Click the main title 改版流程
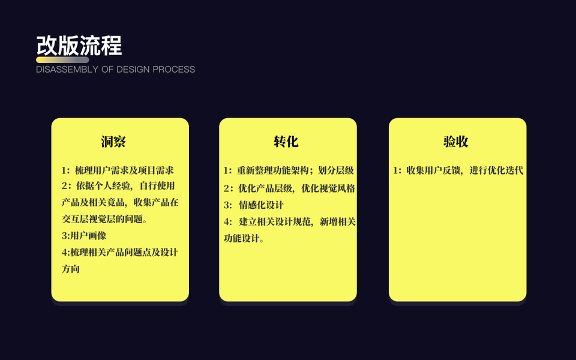tap(79, 45)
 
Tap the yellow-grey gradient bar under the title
tap(62, 60)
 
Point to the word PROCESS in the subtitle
tap(173, 70)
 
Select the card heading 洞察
tap(113, 142)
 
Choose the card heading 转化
tap(286, 142)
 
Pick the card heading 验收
tap(456, 142)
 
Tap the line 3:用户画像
tap(84, 236)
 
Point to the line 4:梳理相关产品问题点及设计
tap(120, 253)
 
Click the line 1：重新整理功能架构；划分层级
tap(289, 171)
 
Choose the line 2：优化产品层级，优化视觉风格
tap(289, 188)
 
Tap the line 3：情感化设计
tap(254, 205)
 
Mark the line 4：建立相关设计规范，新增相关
tap(289, 222)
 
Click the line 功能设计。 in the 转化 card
tap(244, 239)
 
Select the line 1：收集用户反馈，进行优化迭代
tap(458, 171)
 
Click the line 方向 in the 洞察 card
tap(71, 269)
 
